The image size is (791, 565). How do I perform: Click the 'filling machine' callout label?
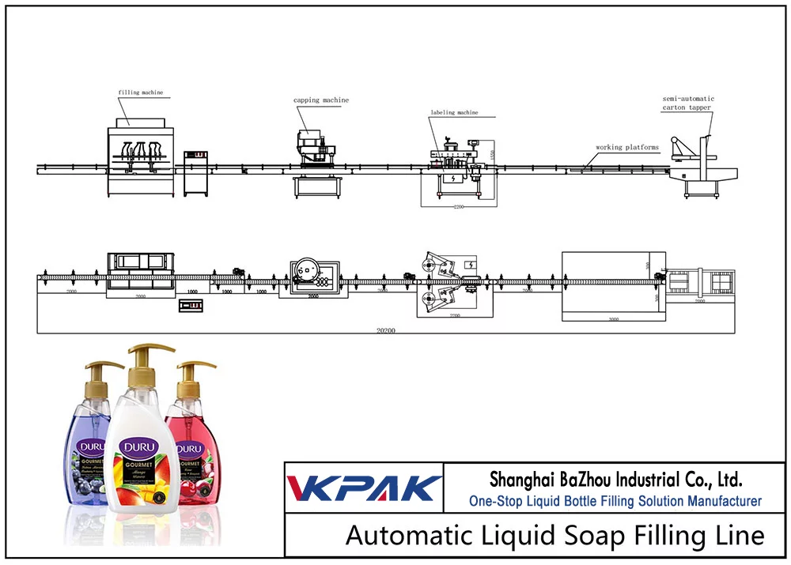[141, 92]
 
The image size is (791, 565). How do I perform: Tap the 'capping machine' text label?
[321, 100]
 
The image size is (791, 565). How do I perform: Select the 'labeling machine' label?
[454, 112]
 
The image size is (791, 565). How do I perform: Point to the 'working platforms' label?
[627, 147]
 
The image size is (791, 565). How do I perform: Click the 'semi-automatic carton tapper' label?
[687, 103]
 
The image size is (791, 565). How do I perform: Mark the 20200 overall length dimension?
[385, 330]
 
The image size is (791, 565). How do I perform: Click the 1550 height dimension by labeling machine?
[491, 156]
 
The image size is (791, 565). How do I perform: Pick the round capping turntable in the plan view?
[304, 271]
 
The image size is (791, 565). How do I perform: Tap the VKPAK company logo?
[363, 487]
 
